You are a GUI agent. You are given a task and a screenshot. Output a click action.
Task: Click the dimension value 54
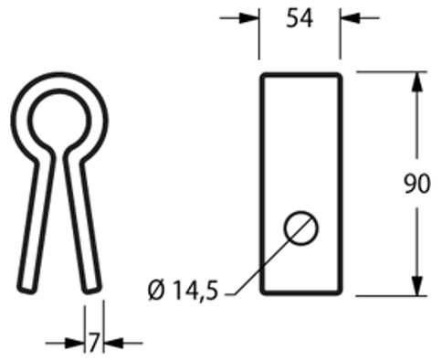[300, 19]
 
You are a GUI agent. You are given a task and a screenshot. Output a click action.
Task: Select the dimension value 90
[417, 184]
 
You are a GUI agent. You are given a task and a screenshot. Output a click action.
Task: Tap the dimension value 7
[94, 343]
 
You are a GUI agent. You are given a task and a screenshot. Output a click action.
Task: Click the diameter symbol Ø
[156, 291]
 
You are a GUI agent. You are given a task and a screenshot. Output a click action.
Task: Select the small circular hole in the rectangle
[300, 228]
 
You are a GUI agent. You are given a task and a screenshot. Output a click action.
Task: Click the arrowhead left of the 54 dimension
[249, 18]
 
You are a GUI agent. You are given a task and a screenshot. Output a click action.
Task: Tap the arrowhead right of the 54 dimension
[350, 18]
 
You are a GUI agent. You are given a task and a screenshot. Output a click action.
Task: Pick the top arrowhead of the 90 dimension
[417, 81]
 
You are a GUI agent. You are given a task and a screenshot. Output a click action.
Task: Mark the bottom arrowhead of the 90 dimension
[417, 286]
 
